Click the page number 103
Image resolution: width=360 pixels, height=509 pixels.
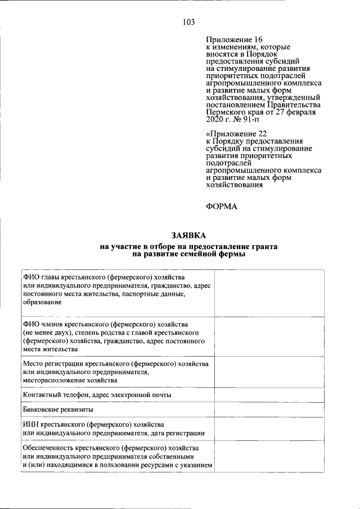pos(188,22)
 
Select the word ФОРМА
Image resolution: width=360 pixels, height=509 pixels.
pos(222,206)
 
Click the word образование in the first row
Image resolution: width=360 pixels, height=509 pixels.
pos(43,302)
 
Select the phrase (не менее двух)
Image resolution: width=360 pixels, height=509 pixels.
pos(48,333)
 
